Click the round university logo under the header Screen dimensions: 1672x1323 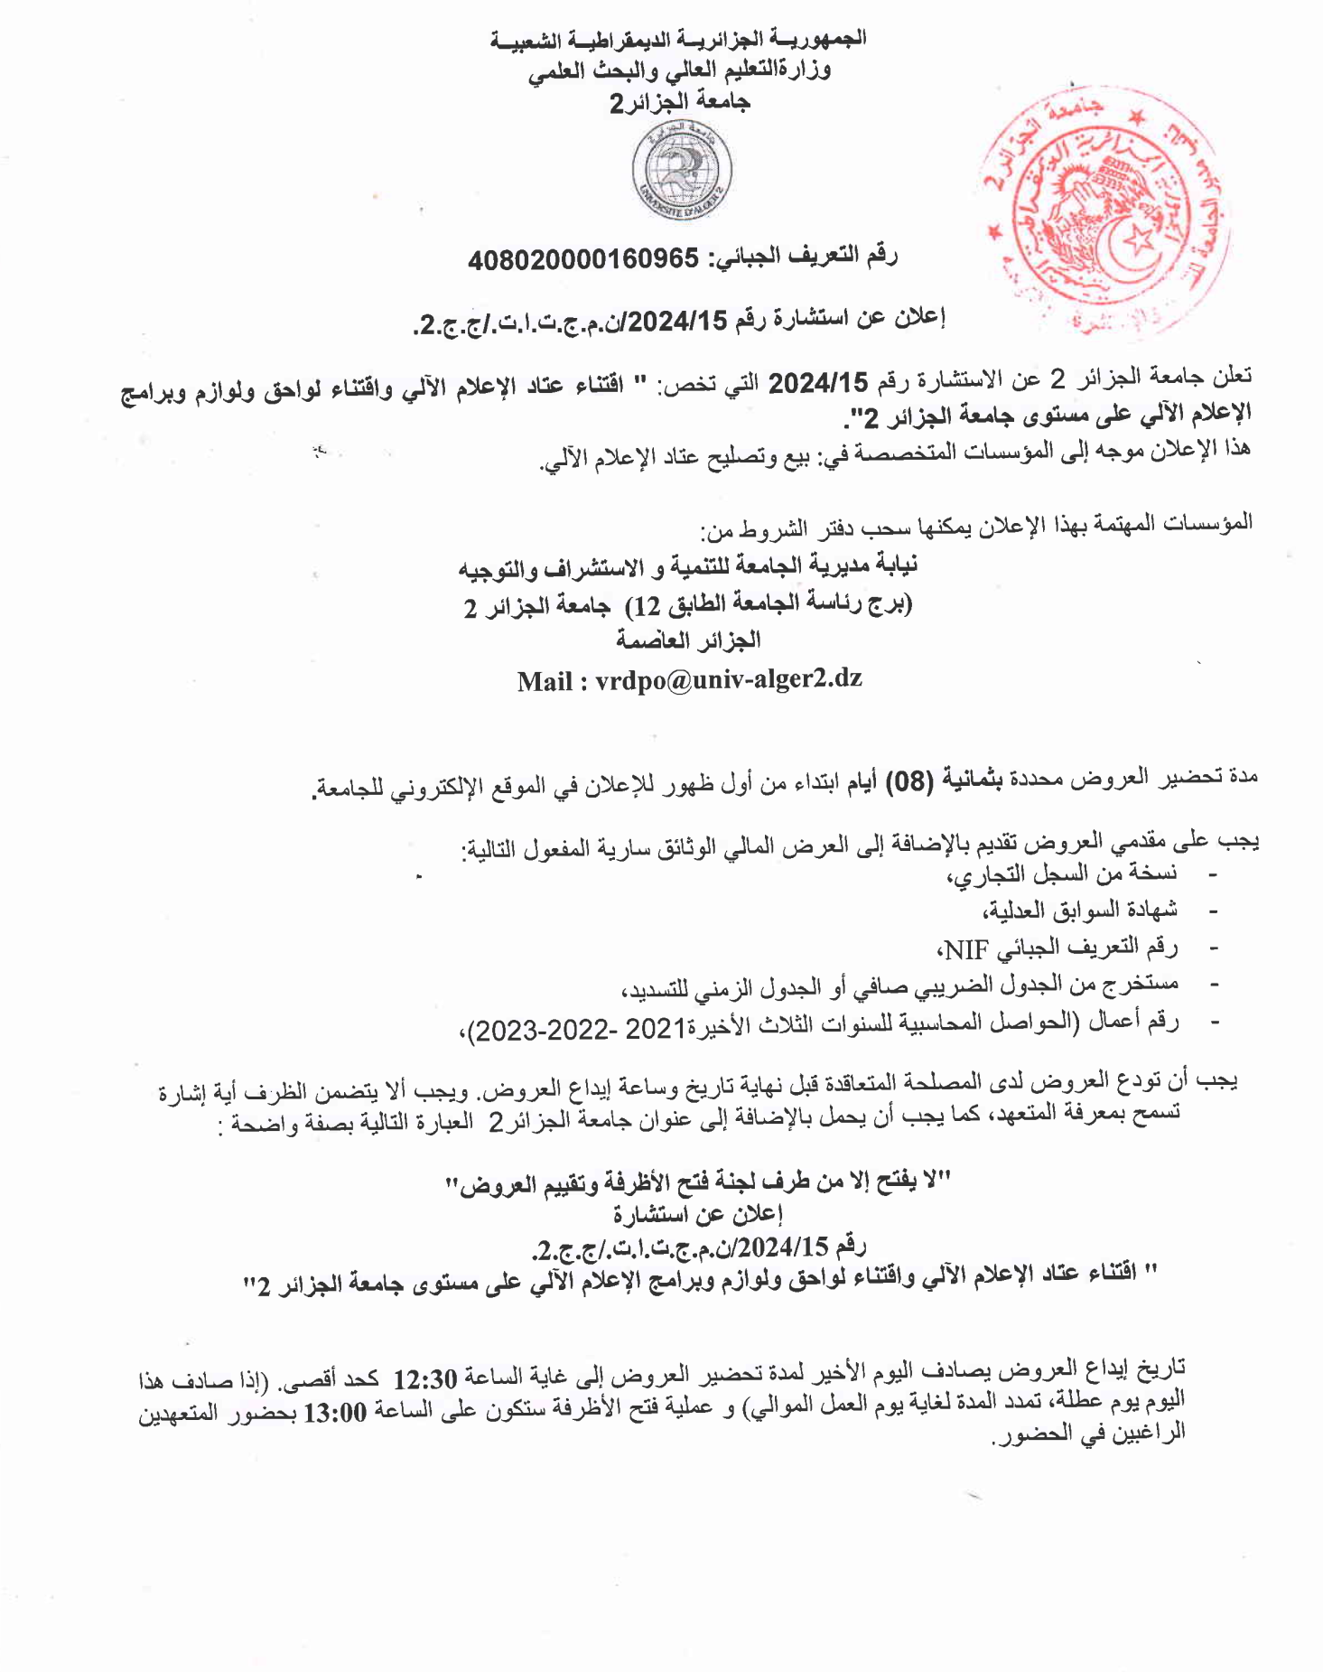click(x=683, y=172)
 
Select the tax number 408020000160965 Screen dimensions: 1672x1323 click(x=583, y=260)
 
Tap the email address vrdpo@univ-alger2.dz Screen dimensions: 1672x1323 click(x=728, y=679)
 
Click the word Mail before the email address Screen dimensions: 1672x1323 click(x=545, y=681)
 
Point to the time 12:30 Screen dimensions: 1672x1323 click(x=426, y=1379)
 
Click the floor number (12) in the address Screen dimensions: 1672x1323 click(x=648, y=605)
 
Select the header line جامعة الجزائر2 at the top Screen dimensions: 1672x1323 click(x=679, y=102)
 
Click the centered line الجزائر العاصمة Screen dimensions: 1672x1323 click(x=688, y=640)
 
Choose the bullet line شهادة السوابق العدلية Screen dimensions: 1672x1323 click(x=1080, y=911)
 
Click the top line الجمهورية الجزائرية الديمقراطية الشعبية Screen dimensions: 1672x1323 click(x=677, y=40)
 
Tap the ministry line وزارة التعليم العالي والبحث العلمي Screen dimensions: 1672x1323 click(x=679, y=70)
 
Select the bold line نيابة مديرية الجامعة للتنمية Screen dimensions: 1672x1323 click(x=688, y=567)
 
